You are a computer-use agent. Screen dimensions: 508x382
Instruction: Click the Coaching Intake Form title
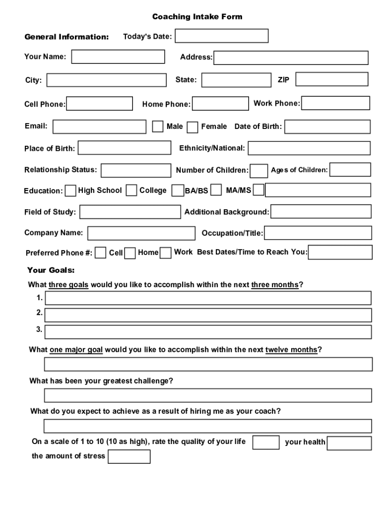(197, 17)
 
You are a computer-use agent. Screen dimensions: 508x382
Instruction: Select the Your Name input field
(118, 57)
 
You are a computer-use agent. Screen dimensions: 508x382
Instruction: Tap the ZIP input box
(332, 79)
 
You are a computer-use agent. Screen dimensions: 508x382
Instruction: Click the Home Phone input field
(220, 104)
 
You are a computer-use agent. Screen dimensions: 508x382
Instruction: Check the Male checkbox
(158, 127)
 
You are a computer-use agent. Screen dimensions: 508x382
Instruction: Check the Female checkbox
(192, 127)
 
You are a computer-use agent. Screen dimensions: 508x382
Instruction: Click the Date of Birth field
(327, 127)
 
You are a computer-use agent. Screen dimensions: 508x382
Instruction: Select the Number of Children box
(258, 171)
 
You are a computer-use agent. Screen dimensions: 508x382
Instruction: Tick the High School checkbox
(71, 190)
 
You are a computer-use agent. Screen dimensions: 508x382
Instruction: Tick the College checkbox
(131, 190)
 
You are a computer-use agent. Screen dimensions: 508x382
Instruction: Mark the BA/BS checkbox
(177, 191)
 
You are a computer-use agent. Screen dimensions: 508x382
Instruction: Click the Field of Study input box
(130, 212)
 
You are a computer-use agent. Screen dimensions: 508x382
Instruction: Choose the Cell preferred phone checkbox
(100, 253)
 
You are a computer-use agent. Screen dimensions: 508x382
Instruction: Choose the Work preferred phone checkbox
(166, 253)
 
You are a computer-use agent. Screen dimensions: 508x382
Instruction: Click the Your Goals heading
(51, 270)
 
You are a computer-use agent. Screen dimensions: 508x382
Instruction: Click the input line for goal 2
(207, 315)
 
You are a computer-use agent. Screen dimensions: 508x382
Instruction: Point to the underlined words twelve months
(291, 350)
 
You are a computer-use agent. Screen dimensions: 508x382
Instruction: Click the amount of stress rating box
(128, 456)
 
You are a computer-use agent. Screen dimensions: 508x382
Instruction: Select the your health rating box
(349, 443)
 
